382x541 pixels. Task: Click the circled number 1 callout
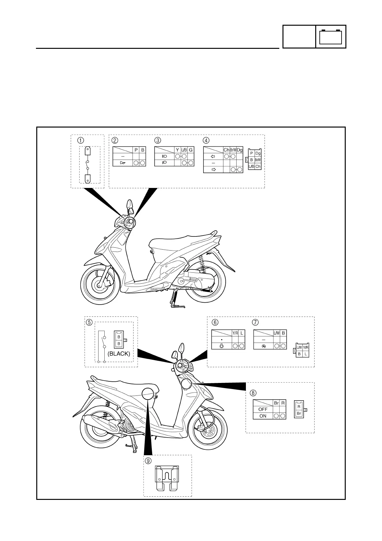[80, 140]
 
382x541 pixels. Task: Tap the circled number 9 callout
[148, 461]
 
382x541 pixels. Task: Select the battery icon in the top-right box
[331, 37]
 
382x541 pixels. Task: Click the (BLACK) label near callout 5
[119, 354]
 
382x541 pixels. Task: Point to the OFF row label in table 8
[263, 409]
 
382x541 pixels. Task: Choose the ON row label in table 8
[263, 416]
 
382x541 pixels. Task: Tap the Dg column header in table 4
[239, 150]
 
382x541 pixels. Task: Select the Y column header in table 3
[177, 150]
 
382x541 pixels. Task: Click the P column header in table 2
[136, 150]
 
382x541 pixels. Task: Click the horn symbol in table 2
[123, 163]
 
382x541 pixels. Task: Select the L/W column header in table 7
[276, 333]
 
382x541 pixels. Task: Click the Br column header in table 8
[276, 403]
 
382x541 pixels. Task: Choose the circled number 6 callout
[215, 322]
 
